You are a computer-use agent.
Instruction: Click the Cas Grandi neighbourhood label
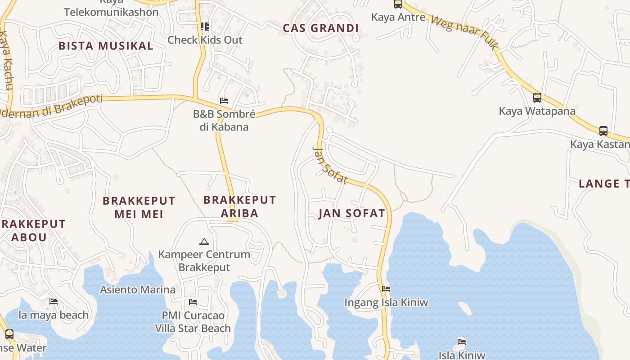click(320, 28)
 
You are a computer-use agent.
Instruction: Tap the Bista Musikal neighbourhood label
click(106, 46)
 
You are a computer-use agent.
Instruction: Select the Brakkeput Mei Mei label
click(139, 207)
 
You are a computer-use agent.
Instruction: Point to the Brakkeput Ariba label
click(239, 206)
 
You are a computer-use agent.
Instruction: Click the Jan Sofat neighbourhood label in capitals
click(352, 213)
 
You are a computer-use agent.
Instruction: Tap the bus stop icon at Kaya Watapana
click(537, 97)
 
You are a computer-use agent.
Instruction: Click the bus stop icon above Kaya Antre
click(398, 4)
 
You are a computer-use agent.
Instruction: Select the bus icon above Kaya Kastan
click(603, 131)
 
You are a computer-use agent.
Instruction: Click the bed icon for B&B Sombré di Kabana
click(224, 100)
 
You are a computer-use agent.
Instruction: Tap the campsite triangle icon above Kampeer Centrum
click(204, 242)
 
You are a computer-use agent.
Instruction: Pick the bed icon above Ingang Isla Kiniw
click(386, 289)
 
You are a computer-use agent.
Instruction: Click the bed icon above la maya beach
click(54, 301)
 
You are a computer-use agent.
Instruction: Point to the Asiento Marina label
click(138, 290)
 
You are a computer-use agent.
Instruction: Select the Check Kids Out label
click(205, 40)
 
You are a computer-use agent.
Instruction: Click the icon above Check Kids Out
click(205, 27)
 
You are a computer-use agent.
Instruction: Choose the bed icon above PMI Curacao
click(193, 301)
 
